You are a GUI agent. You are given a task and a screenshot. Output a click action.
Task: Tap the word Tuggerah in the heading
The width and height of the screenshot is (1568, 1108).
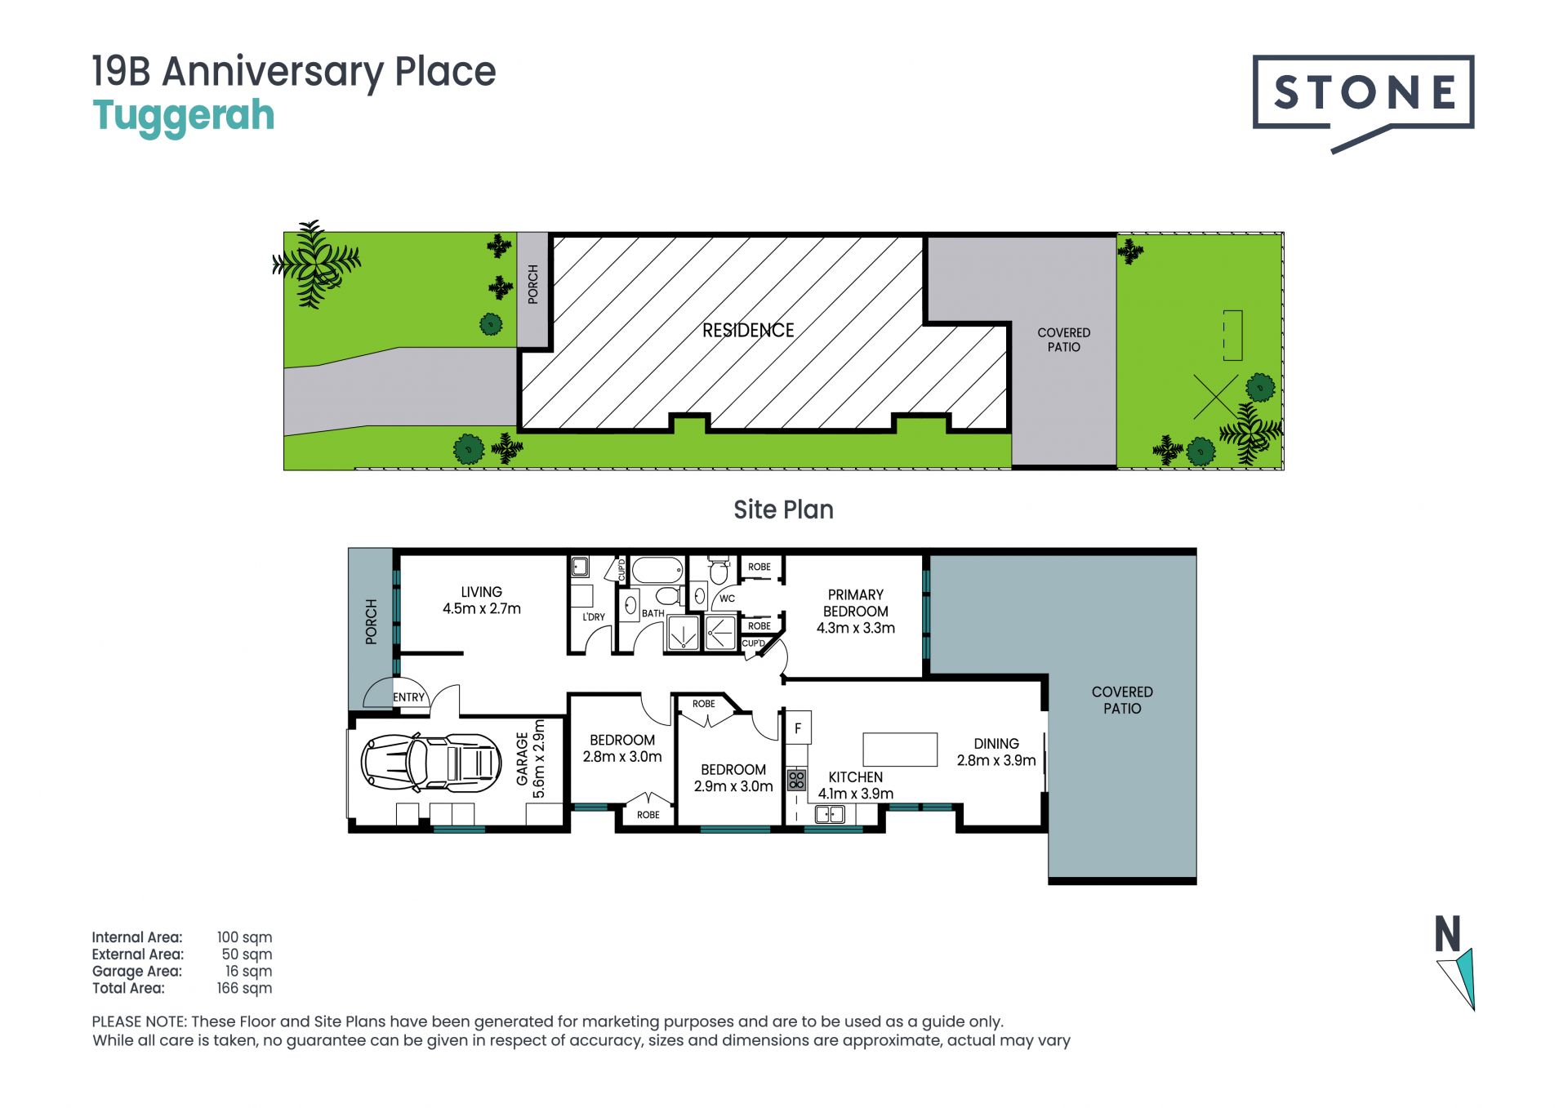coord(184,116)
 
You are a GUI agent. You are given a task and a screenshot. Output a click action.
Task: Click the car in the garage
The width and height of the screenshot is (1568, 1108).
coord(430,763)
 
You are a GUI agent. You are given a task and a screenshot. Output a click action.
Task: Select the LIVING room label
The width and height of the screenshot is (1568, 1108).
coord(481,592)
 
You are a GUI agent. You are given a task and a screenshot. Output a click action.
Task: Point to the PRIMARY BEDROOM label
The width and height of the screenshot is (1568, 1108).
coord(855,603)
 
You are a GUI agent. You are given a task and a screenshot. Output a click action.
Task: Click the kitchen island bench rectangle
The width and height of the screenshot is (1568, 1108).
coord(900,750)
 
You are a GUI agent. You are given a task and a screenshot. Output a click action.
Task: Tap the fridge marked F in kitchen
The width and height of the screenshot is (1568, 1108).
coord(798,728)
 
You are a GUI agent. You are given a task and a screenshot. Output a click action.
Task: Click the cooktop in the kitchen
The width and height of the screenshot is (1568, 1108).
coord(796,779)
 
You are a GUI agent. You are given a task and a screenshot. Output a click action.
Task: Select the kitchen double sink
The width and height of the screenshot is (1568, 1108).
coord(830,814)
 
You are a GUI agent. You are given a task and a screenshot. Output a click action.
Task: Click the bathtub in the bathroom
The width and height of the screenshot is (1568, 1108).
coord(657,570)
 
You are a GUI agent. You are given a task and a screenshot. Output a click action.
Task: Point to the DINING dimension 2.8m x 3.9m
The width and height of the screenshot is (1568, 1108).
coord(996,760)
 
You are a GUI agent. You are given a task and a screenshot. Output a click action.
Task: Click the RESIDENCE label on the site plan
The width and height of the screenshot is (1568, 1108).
coord(748,330)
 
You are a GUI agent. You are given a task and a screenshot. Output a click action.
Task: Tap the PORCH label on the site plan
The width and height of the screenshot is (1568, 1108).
coord(533,284)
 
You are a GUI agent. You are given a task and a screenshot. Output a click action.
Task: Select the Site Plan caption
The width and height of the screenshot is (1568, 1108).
coord(783,510)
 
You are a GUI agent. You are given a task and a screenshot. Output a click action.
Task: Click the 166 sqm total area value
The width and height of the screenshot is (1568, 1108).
coord(244,988)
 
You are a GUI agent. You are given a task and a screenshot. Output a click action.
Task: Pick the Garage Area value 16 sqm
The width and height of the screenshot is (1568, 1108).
coord(248,971)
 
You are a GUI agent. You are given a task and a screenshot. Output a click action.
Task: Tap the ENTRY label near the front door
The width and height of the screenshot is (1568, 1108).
coord(408,697)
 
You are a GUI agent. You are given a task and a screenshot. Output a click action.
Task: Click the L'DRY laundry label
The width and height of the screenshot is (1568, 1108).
coord(594,616)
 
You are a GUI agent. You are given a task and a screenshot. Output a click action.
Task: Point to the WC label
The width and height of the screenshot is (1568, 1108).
coord(727,598)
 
